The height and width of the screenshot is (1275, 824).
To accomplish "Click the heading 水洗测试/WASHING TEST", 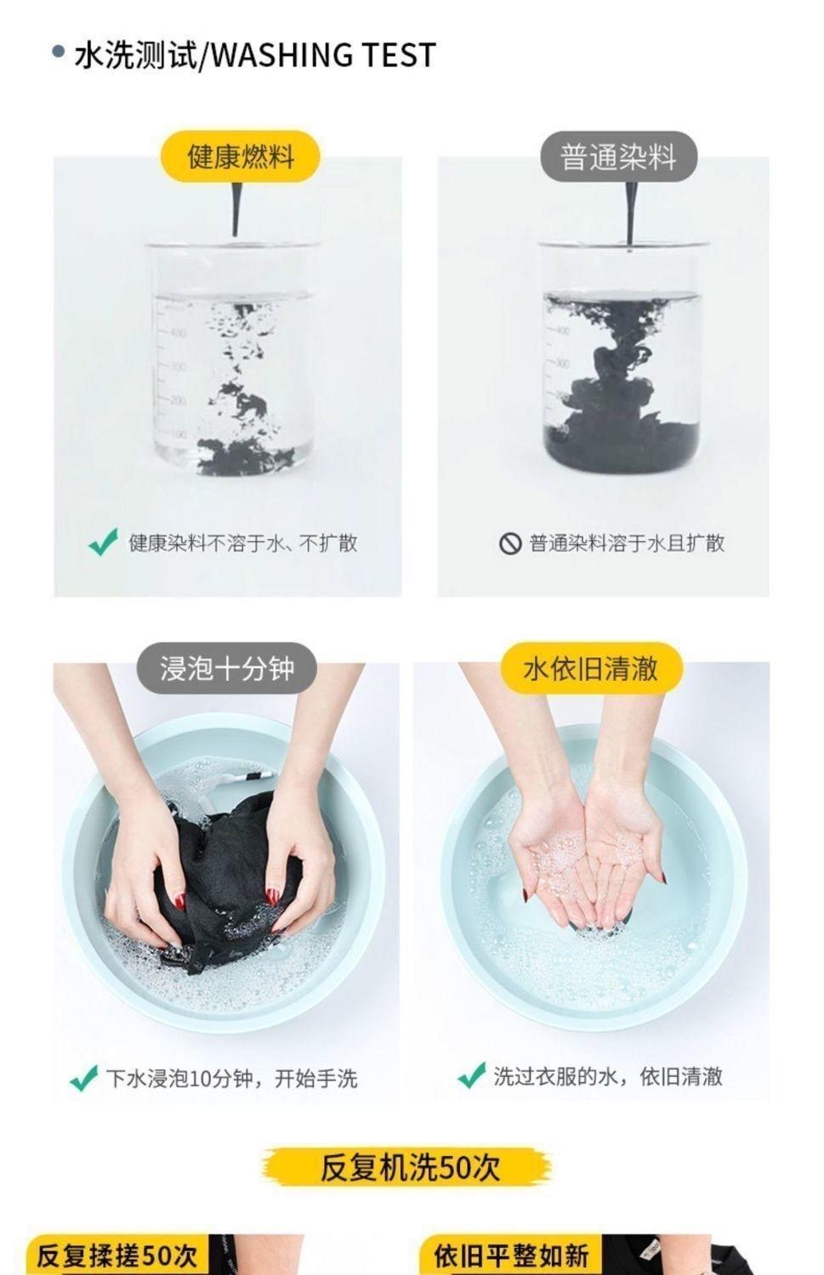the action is point(255,55).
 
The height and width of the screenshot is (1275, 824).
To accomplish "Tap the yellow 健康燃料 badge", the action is point(241,156).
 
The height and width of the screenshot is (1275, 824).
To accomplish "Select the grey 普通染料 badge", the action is point(618,156).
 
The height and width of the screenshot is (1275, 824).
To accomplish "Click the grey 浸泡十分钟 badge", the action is point(227,667).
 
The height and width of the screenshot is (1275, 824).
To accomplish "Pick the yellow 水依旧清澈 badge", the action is point(591,667).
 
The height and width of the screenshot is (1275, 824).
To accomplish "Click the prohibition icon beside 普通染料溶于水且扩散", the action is point(510,544).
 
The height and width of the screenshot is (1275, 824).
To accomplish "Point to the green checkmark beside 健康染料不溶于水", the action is point(103,542).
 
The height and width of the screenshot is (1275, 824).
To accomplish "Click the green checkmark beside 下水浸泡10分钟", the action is point(83,1078).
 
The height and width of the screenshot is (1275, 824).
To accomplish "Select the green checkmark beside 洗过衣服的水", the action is point(471,1075).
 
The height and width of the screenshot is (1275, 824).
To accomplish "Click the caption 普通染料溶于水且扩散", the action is point(627,544).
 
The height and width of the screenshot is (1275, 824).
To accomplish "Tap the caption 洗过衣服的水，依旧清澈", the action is point(608,1076).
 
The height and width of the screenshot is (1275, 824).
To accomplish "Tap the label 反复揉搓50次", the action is point(116,1255).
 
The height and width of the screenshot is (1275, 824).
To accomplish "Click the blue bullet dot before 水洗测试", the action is point(58,52).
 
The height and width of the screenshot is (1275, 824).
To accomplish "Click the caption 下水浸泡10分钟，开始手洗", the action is point(232,1078).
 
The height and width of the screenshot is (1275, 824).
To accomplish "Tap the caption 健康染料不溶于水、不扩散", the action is point(242,544).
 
